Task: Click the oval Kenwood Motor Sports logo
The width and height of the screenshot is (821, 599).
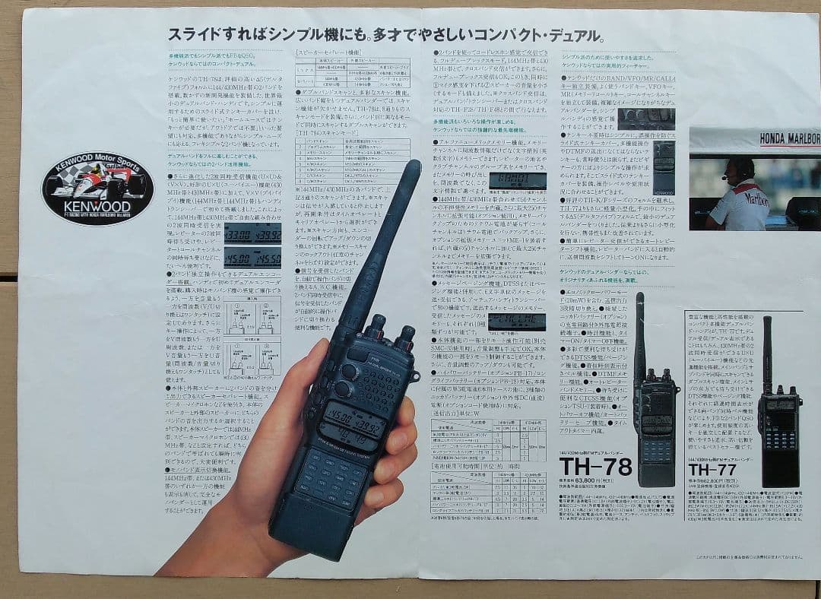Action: coord(97,189)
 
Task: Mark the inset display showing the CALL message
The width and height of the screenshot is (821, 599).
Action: coord(516,320)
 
